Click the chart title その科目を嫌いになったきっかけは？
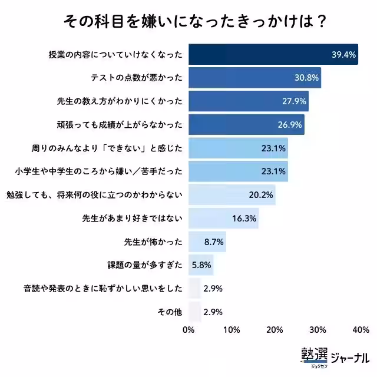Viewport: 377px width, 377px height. [x=188, y=21]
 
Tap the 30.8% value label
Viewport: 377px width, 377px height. [x=306, y=78]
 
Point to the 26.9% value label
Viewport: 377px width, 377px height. [x=289, y=124]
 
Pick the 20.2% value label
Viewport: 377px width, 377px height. [x=260, y=194]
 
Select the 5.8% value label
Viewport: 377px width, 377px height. [x=201, y=264]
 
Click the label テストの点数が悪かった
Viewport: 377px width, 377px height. [x=137, y=78]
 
